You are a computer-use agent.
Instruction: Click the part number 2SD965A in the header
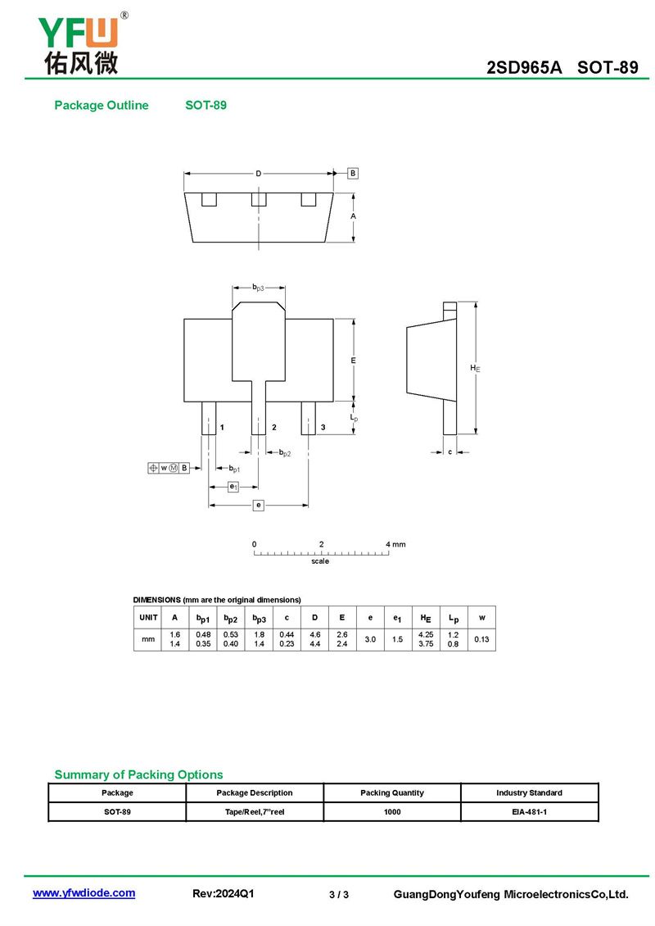click(524, 67)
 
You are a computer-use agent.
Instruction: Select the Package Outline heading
click(102, 105)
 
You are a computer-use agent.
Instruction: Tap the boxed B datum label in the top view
click(353, 173)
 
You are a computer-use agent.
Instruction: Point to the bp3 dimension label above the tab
click(259, 288)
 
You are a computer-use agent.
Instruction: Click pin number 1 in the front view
click(222, 427)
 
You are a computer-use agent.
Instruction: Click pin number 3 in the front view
click(323, 427)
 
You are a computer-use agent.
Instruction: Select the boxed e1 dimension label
click(233, 487)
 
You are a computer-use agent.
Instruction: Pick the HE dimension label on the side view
click(475, 368)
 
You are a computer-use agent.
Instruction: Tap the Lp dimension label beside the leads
click(354, 418)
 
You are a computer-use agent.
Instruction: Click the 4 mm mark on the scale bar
click(395, 544)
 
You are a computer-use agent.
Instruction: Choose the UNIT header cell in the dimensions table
click(148, 617)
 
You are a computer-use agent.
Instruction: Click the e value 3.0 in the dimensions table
click(370, 639)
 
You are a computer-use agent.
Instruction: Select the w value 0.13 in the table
click(481, 639)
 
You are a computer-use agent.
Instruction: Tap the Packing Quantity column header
click(392, 792)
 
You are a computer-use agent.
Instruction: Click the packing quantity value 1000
click(392, 811)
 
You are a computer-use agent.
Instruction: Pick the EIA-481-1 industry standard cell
click(529, 811)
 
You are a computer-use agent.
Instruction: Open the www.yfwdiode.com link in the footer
click(84, 893)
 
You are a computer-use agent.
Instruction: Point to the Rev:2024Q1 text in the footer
click(223, 893)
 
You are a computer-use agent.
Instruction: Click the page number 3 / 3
click(339, 895)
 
